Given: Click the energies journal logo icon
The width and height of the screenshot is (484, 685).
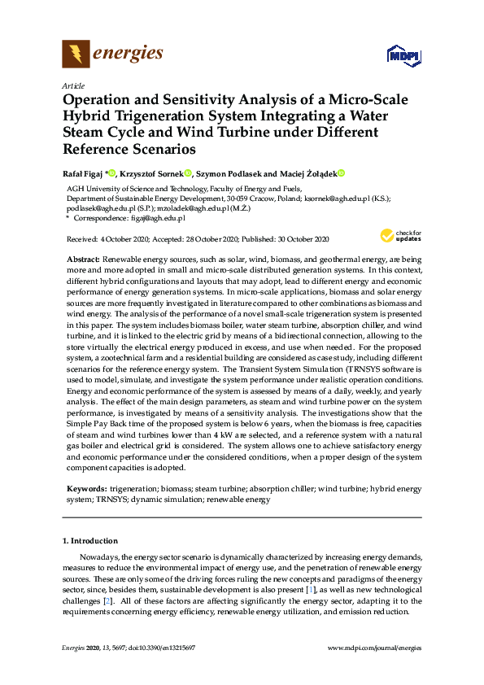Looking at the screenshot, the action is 76,55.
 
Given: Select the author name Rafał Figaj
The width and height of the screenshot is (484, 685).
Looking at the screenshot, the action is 85,173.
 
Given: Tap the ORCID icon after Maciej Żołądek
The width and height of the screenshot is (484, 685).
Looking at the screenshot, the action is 342,173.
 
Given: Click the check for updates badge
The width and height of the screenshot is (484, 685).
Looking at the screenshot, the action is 400,237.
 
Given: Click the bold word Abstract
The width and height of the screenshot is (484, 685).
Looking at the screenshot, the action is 83,257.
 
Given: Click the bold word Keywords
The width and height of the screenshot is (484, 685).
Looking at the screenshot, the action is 86,489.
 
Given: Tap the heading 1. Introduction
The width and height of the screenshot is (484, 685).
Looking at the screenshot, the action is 90,540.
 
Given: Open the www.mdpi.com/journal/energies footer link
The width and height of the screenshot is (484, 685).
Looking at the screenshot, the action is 373,648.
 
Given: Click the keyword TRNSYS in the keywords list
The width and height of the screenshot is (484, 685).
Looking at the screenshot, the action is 111,500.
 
